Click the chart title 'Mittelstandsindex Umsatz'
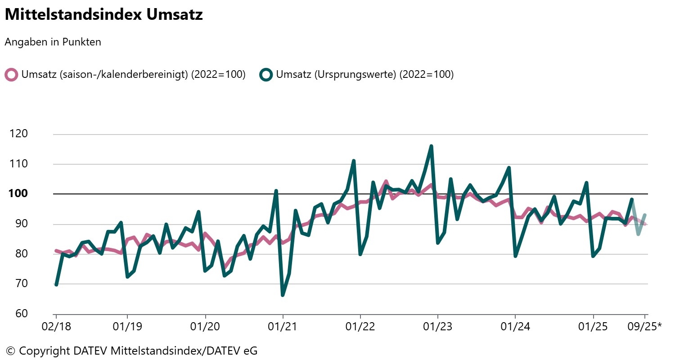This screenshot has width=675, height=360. click(104, 15)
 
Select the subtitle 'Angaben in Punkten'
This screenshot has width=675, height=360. click(53, 42)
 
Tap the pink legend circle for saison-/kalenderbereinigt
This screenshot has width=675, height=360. click(11, 75)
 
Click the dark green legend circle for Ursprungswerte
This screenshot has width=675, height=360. click(266, 75)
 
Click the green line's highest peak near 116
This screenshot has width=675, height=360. click(431, 146)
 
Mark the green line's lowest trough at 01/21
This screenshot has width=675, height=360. click(283, 295)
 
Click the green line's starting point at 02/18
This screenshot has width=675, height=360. click(56, 284)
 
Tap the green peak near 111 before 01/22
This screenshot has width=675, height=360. click(354, 161)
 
